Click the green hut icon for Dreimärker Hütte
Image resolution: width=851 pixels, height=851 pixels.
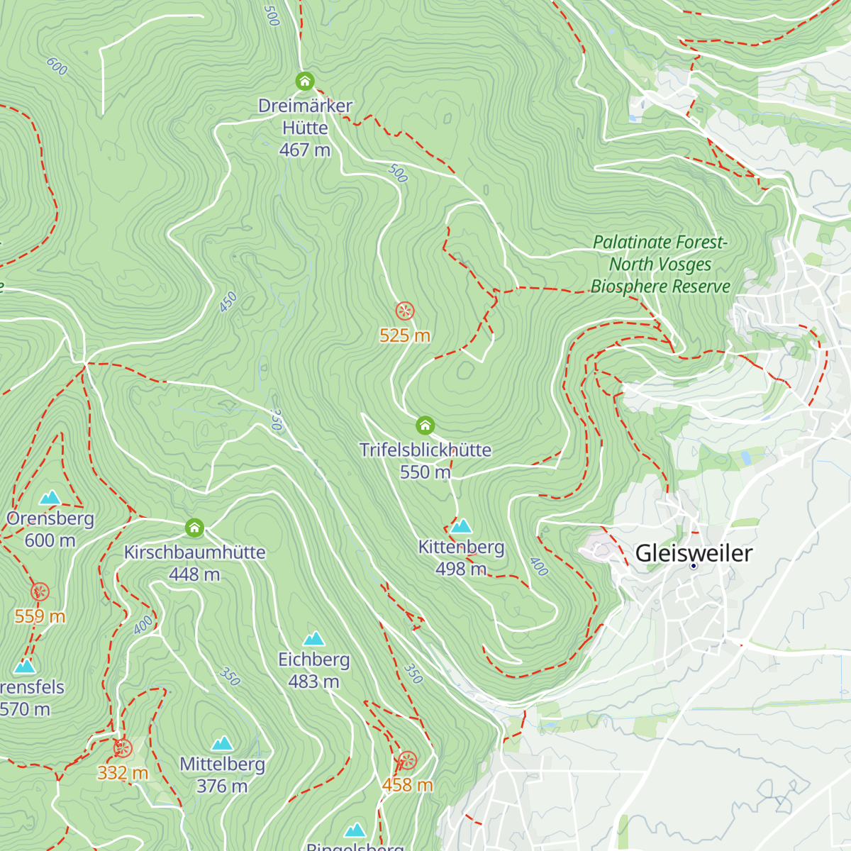(x=305, y=81)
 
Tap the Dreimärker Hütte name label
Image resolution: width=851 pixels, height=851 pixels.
(x=305, y=117)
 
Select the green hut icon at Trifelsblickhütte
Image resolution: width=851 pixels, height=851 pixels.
(x=425, y=425)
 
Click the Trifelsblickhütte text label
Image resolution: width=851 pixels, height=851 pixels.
(x=425, y=450)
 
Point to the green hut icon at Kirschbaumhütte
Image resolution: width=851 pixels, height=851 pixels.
(x=194, y=528)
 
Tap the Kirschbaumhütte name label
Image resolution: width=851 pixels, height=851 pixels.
(x=194, y=552)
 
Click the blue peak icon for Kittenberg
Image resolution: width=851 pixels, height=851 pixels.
(x=461, y=525)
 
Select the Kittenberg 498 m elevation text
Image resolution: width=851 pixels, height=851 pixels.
(x=461, y=569)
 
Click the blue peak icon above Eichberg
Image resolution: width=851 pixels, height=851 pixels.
(x=313, y=639)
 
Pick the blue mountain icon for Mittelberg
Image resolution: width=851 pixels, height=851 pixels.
(x=223, y=743)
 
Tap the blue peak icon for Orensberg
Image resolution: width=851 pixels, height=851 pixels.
(x=50, y=497)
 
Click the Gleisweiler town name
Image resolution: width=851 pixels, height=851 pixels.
(x=693, y=552)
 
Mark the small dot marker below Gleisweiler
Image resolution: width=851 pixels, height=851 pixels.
(x=694, y=566)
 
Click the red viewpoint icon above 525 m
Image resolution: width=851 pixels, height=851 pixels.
(x=404, y=311)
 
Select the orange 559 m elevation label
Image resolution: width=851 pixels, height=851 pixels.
(x=40, y=616)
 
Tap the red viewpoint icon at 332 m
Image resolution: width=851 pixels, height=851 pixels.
(x=123, y=748)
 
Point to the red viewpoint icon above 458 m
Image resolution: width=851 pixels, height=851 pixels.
(x=407, y=761)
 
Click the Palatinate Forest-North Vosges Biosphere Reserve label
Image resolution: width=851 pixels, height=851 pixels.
(x=660, y=265)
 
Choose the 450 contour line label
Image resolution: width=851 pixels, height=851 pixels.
(x=228, y=302)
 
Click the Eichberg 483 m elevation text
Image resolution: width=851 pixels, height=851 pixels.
(x=313, y=682)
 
